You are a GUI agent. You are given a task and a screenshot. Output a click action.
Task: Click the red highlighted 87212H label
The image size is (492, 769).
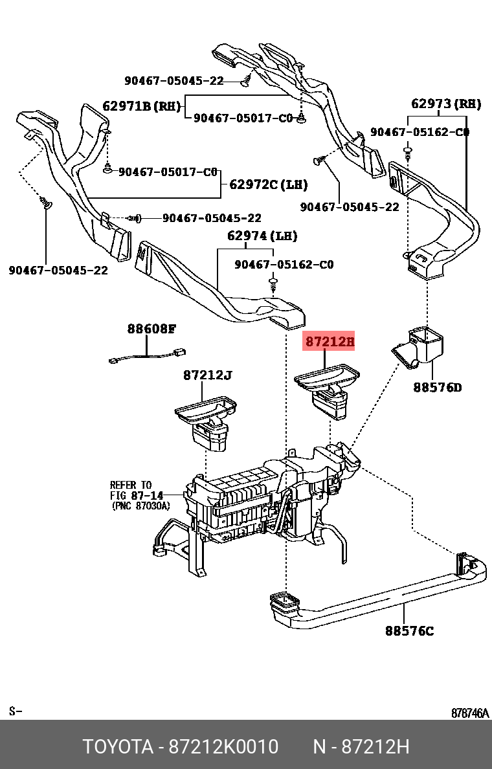pos(329,341)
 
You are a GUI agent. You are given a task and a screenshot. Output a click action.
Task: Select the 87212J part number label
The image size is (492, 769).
pos(207,375)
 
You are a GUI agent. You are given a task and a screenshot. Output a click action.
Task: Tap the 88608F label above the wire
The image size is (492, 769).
pos(151,329)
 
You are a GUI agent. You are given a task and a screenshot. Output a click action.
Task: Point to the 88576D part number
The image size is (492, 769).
pos(438,388)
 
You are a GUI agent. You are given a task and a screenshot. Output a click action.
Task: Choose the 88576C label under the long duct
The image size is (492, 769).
pos(409,630)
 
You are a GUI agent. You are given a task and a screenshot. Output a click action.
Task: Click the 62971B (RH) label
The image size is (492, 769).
pos(142,106)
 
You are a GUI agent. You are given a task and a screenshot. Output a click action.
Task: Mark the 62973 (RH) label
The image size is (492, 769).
pos(447,104)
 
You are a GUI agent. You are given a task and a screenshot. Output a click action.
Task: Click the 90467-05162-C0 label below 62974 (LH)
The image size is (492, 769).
pos(284,265)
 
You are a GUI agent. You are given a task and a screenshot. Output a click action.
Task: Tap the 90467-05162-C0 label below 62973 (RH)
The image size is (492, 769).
pos(419,132)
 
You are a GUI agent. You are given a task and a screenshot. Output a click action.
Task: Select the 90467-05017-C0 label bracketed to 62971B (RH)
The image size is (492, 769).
pos(243,118)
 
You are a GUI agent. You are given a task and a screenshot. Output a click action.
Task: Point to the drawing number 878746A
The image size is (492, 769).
pos(470,713)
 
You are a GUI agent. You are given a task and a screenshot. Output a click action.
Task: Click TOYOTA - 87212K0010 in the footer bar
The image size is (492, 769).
pos(181,746)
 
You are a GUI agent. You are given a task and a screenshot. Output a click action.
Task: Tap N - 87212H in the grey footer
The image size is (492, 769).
pos(361,746)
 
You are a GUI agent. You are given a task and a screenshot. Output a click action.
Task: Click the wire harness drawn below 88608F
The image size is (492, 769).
pos(148,355)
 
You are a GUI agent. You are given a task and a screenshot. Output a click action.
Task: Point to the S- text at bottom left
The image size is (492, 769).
pos(16,711)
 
